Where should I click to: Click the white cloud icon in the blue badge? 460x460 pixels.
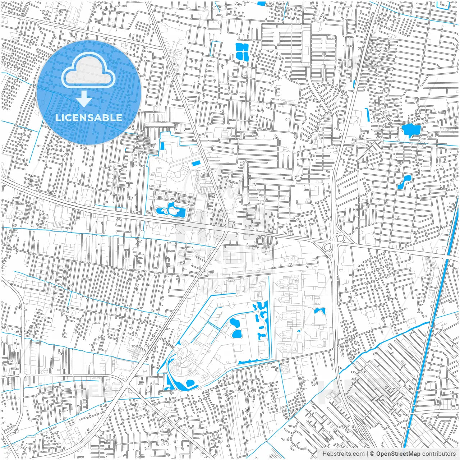click(x=88, y=71)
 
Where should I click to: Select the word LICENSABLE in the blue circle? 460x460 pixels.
click(x=89, y=118)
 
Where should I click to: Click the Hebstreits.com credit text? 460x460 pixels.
click(x=343, y=454)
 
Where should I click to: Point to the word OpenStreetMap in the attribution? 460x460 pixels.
click(x=398, y=454)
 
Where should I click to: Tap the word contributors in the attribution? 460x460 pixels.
click(x=439, y=454)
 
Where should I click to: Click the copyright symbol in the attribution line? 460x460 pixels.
click(x=372, y=454)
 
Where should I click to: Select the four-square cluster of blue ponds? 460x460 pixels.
click(x=242, y=51)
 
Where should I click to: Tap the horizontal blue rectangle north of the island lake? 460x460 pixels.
click(x=196, y=163)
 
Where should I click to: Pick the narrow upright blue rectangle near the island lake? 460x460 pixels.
click(x=162, y=146)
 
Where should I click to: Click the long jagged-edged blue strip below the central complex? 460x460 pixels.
click(x=252, y=361)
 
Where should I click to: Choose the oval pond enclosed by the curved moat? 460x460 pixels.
click(x=190, y=383)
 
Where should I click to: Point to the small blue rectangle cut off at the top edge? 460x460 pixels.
click(x=261, y=4)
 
